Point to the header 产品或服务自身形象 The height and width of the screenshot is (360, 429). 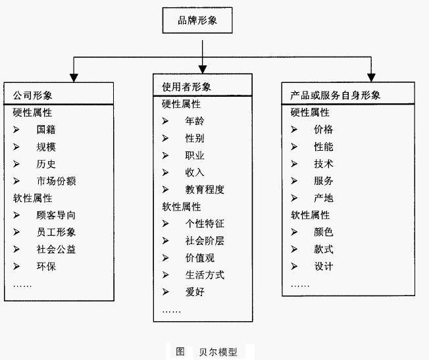click(x=335, y=95)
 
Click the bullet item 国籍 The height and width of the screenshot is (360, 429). click(x=45, y=130)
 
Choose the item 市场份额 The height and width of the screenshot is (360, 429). click(x=55, y=181)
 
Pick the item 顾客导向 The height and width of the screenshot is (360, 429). click(x=55, y=215)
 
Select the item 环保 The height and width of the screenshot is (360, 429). click(x=45, y=267)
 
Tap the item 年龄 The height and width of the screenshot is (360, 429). click(x=195, y=121)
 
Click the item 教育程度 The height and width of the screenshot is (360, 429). click(x=205, y=190)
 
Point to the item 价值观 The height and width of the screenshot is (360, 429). click(x=199, y=258)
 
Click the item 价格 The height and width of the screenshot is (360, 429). click(x=323, y=130)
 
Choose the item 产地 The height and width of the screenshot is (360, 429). click(x=323, y=198)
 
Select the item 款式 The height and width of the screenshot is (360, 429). click(x=323, y=249)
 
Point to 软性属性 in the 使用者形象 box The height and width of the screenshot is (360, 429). click(x=182, y=207)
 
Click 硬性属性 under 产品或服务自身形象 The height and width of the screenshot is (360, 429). click(x=310, y=113)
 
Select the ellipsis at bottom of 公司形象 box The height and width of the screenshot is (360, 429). click(x=22, y=285)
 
